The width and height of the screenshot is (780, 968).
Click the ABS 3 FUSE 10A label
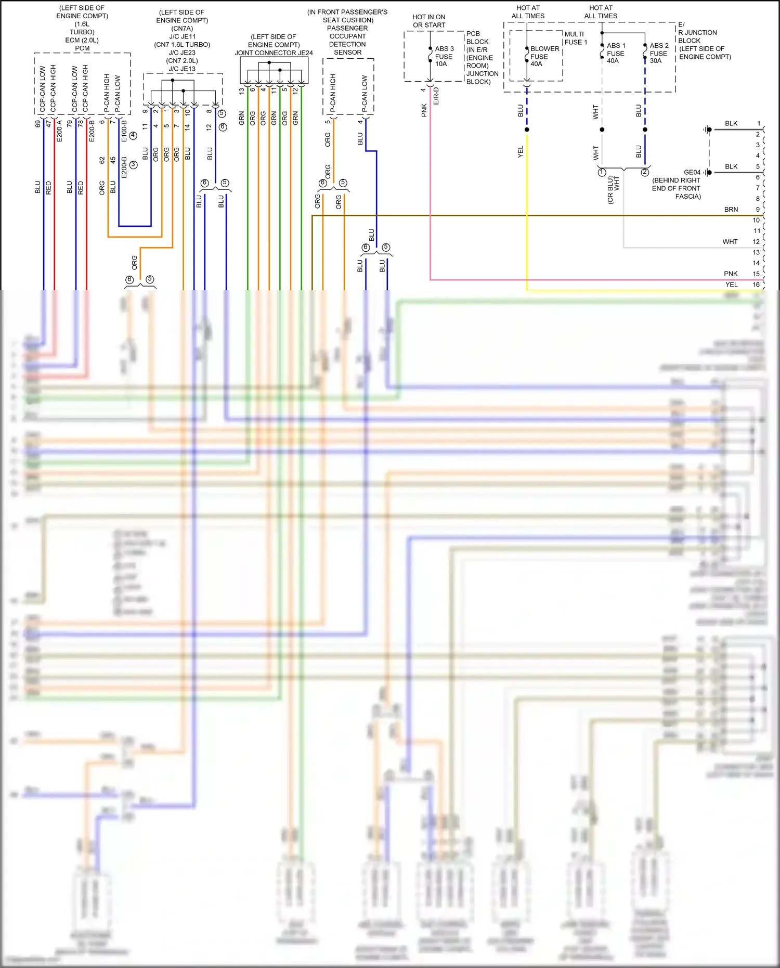tap(444, 56)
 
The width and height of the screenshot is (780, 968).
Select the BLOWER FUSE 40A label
tap(544, 56)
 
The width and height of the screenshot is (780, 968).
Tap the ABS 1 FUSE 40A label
tap(616, 53)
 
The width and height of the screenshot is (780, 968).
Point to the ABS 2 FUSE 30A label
tap(658, 53)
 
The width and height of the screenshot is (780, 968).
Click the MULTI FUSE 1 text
tap(575, 38)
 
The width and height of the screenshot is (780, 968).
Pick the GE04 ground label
tap(692, 172)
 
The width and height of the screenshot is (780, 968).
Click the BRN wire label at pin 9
tap(731, 210)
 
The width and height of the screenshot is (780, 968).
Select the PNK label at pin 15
tap(730, 274)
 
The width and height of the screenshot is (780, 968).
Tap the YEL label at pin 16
tap(731, 285)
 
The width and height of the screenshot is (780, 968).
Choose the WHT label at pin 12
tap(730, 242)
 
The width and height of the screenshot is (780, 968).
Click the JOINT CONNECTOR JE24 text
tap(274, 53)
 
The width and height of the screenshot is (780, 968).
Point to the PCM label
tap(82, 48)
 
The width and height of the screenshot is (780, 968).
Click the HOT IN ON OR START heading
tap(429, 21)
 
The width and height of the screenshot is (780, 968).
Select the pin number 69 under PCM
tap(37, 124)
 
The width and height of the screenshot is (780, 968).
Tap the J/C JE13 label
tap(182, 69)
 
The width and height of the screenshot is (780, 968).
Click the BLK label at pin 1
tap(731, 124)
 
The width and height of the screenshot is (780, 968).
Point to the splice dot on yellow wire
tap(527, 130)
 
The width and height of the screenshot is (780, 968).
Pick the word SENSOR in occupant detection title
tap(347, 53)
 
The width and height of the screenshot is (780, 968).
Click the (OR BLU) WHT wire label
tap(613, 190)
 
